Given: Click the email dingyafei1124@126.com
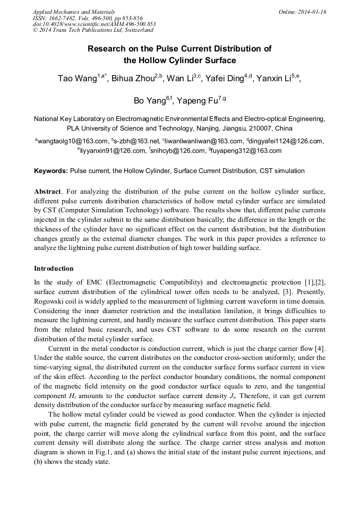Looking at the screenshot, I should pos(286,141).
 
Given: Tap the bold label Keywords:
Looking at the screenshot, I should pos(51,171).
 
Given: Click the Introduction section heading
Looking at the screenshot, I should pos(54,269).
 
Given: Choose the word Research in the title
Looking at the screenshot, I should pos(108,49).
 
